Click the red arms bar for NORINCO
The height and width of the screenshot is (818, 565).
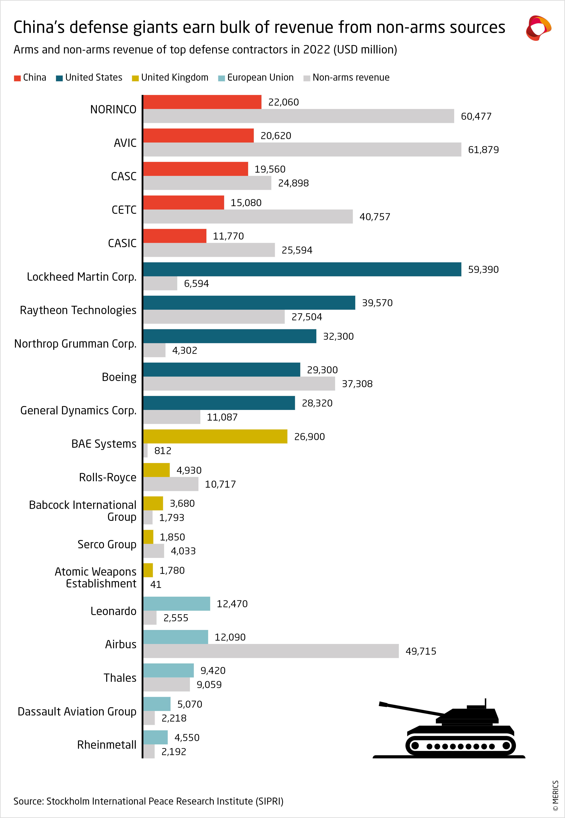click(202, 102)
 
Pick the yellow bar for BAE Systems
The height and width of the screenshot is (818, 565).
click(215, 436)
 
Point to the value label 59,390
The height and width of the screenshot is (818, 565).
click(483, 270)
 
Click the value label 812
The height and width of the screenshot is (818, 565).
click(163, 451)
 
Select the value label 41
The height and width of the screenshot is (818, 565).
click(156, 585)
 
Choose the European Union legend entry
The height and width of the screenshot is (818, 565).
click(256, 78)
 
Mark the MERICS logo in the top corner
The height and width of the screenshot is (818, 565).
click(538, 28)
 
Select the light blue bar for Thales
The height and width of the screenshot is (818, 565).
click(168, 670)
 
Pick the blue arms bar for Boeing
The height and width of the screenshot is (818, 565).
click(222, 369)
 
